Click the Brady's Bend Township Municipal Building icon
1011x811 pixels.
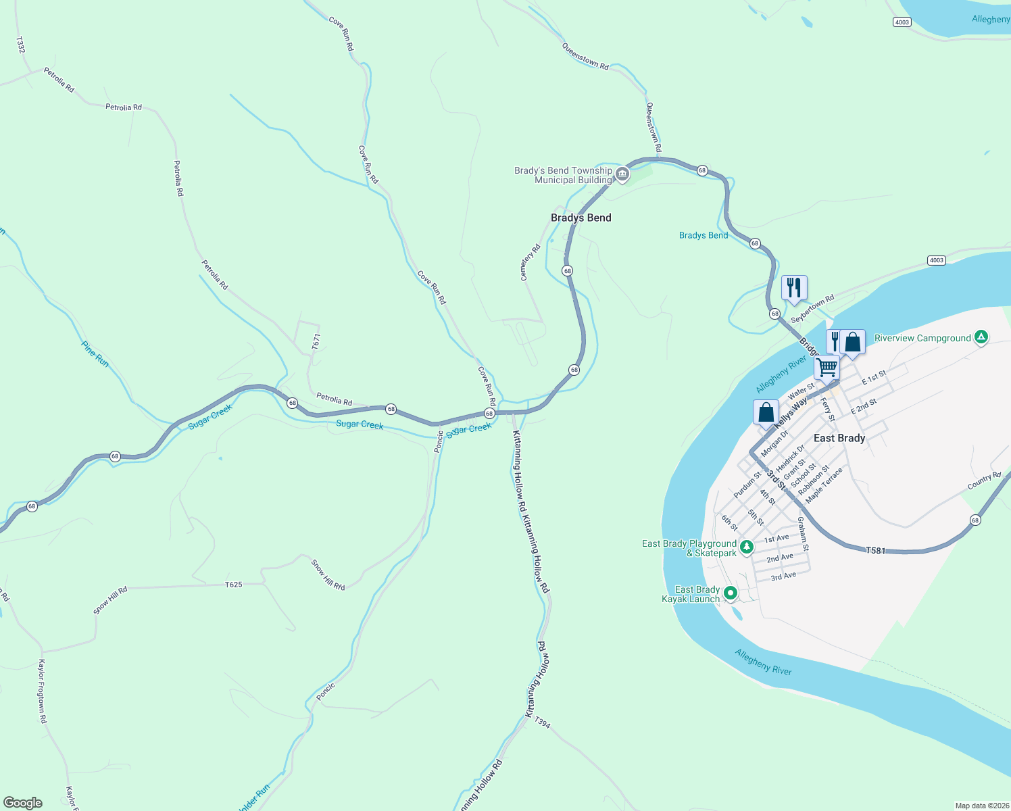tap(622, 175)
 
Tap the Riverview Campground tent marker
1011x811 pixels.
tap(981, 337)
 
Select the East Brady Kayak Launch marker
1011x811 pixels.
tap(730, 593)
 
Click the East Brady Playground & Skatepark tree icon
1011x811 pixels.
tap(746, 547)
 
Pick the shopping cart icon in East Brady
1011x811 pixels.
tap(827, 368)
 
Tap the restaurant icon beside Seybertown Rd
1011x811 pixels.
tap(794, 287)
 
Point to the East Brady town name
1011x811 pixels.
tap(839, 438)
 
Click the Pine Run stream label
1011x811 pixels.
tap(95, 354)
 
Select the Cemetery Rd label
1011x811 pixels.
tap(531, 262)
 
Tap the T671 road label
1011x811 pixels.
tap(316, 341)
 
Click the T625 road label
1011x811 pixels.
tap(233, 585)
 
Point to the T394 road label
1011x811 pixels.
tap(543, 724)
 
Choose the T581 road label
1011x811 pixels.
tap(876, 551)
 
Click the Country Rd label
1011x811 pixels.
tap(984, 481)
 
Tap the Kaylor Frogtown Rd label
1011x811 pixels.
tap(42, 691)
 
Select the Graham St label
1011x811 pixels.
tap(802, 534)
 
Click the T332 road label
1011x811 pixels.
tap(20, 45)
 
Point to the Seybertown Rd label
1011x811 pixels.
tap(812, 308)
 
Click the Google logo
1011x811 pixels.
tap(23, 802)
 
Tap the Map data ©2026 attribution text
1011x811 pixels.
tap(981, 806)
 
